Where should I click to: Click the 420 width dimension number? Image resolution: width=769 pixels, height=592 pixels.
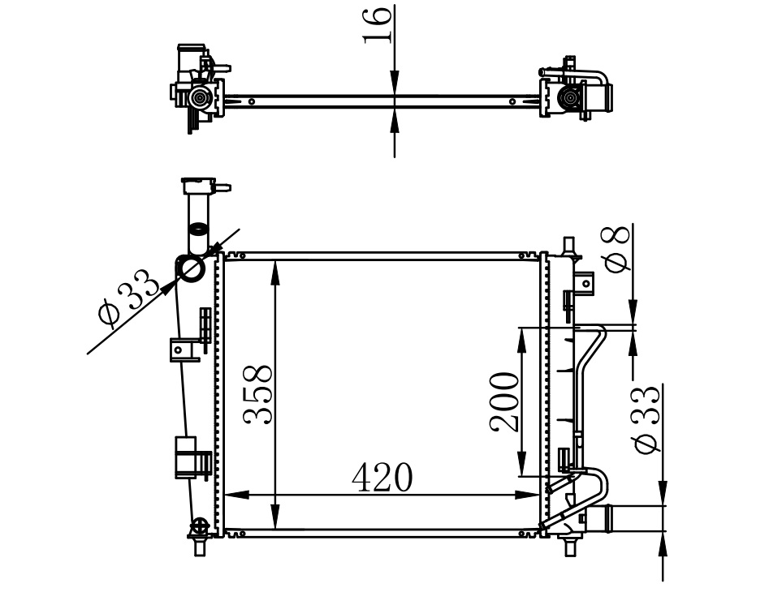(x=382, y=477)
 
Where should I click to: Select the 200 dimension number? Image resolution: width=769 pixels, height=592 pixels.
(x=503, y=402)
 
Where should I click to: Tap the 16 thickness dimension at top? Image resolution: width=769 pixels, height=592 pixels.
(x=378, y=25)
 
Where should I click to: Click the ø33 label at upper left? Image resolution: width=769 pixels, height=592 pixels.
(x=128, y=298)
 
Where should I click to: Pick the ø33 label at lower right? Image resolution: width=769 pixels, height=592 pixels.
(x=646, y=419)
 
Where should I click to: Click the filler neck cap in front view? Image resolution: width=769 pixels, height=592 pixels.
(x=198, y=186)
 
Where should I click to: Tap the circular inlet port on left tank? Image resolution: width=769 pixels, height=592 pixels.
(x=192, y=269)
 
